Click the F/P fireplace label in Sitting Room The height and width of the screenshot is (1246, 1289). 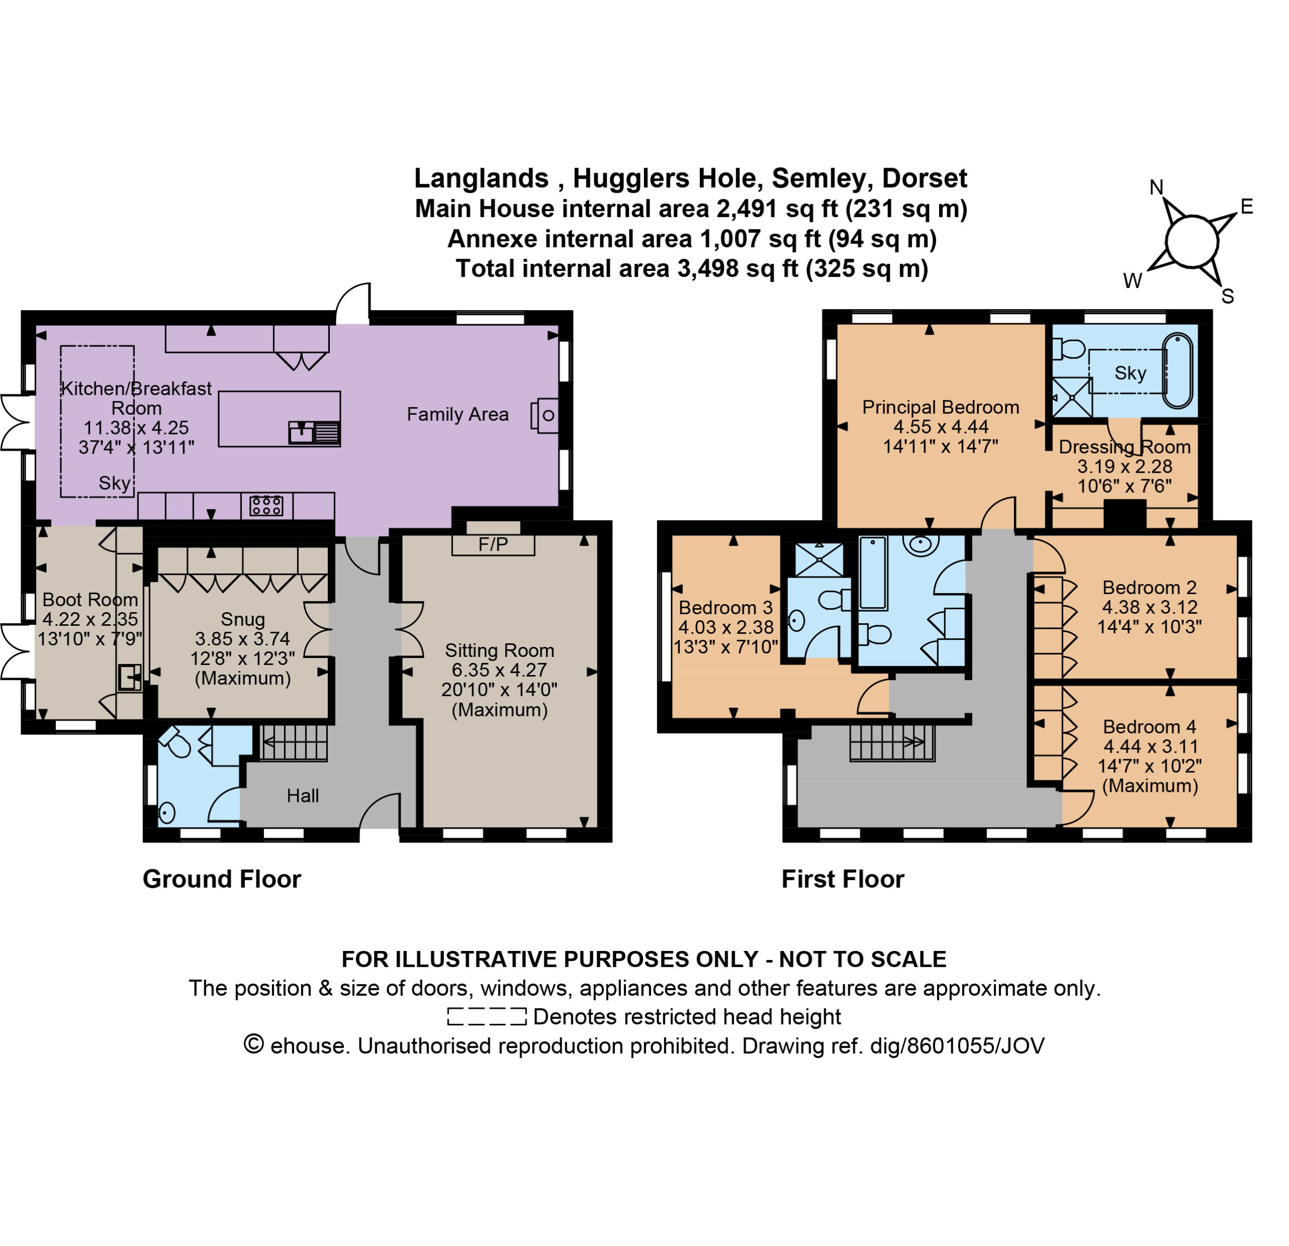click(x=493, y=544)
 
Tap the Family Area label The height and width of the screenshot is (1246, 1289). click(x=458, y=414)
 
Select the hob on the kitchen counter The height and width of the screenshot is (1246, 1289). click(x=266, y=505)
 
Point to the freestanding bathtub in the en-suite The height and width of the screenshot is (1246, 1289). click(x=1177, y=372)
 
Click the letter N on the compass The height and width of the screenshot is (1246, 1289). click(x=1156, y=187)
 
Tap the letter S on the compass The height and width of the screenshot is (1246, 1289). click(x=1228, y=297)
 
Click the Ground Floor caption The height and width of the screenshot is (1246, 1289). click(x=222, y=879)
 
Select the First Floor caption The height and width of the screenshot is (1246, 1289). click(x=842, y=879)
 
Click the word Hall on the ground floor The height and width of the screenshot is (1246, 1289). click(x=303, y=795)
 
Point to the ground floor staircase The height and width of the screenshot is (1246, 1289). click(x=294, y=743)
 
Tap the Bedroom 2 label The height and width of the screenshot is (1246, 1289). click(x=1149, y=587)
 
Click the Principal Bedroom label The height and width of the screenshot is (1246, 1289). click(x=941, y=407)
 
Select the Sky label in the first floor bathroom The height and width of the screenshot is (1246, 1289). click(x=1130, y=373)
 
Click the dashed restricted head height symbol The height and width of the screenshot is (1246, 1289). click(x=487, y=1016)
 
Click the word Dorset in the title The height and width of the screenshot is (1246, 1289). click(x=924, y=178)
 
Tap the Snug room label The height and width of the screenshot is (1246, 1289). click(x=243, y=619)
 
